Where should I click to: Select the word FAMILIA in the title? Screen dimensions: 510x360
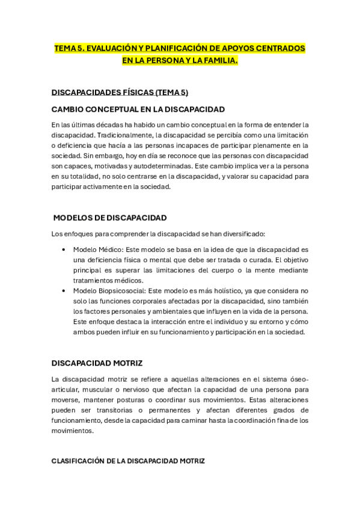[217, 60]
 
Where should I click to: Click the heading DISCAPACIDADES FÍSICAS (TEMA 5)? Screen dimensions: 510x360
[120, 92]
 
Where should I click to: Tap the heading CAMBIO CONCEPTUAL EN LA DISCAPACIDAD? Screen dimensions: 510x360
[138, 109]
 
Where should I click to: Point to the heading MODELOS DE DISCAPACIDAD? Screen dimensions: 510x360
[110, 217]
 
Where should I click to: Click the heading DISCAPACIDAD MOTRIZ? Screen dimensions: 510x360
[97, 363]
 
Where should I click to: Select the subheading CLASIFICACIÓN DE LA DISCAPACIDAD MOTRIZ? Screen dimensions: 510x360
[128, 461]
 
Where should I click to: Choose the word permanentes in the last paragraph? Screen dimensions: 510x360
[169, 410]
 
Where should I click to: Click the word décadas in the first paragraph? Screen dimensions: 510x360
[97, 124]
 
